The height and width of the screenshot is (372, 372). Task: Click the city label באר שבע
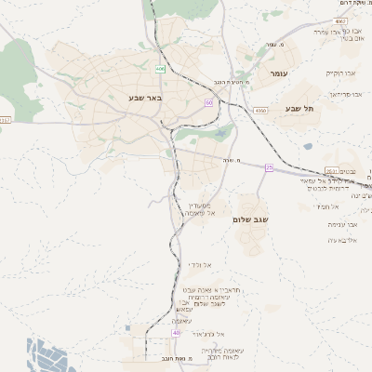click(x=145, y=97)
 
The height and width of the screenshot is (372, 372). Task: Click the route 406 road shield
click(x=160, y=69)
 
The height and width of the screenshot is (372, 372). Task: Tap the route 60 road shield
click(x=209, y=102)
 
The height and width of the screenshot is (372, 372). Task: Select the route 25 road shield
click(x=270, y=167)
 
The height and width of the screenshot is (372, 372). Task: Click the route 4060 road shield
click(x=260, y=110)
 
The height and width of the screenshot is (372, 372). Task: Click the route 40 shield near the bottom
click(x=176, y=332)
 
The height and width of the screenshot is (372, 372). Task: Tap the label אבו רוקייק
click(x=340, y=73)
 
